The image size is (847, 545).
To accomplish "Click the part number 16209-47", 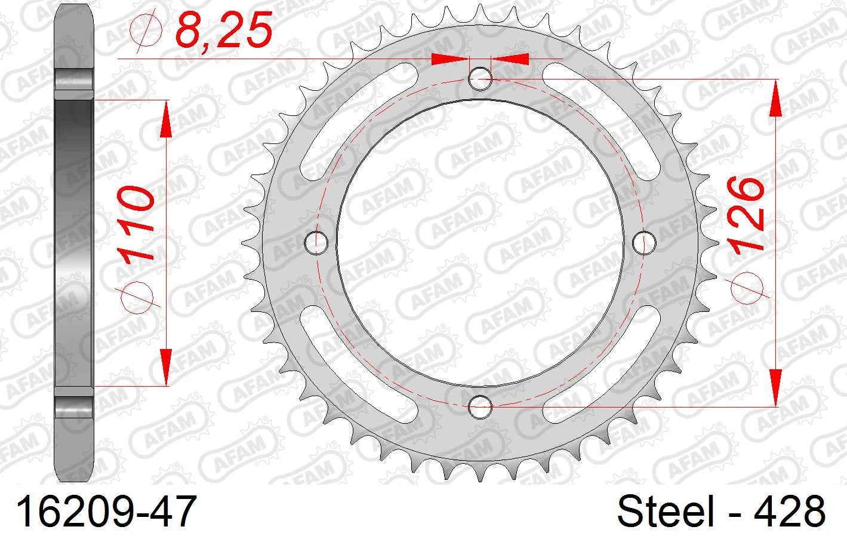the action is [x=106, y=512].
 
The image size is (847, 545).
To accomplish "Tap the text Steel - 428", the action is [x=721, y=512].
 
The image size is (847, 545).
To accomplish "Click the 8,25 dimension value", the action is [x=224, y=30].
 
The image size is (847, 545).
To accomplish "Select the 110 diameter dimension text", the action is [x=135, y=223].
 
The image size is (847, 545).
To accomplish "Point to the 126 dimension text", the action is [x=746, y=215].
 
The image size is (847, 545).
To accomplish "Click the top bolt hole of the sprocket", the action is [x=481, y=79].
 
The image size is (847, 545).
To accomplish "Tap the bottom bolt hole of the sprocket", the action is [x=481, y=407].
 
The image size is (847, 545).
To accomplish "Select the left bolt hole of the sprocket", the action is [x=316, y=243].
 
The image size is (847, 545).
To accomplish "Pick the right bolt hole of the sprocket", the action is [x=644, y=243].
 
